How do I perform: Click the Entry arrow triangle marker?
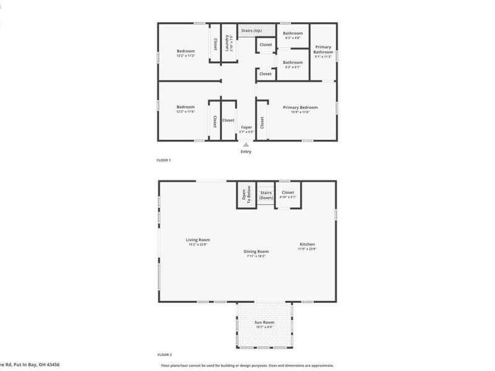(246, 145)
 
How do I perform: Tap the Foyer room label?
(246, 127)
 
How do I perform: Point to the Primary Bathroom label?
(323, 49)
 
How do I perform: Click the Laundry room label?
(228, 42)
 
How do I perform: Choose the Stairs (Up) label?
(251, 30)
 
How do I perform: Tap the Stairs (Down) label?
(266, 195)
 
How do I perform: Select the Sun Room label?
(264, 322)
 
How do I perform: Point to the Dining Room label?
(256, 251)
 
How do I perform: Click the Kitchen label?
(308, 244)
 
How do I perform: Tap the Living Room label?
(198, 240)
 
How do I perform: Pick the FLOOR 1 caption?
(164, 160)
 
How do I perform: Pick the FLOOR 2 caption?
(164, 355)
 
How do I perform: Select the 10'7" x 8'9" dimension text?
(264, 327)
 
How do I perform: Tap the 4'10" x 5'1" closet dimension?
(288, 197)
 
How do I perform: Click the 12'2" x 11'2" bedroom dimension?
(186, 56)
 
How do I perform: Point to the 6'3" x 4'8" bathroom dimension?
(293, 38)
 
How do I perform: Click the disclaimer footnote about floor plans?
(247, 365)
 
